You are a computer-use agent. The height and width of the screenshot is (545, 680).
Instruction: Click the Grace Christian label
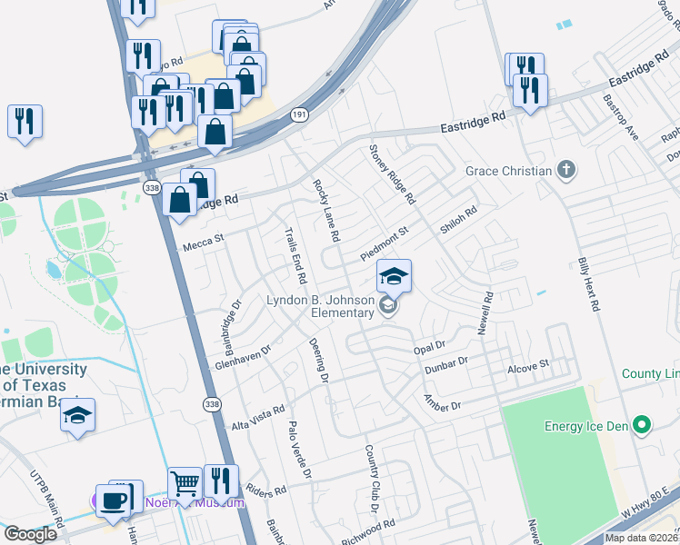508,171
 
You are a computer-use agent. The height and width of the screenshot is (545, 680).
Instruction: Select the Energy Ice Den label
586,426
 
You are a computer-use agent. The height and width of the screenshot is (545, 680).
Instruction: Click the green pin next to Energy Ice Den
642,425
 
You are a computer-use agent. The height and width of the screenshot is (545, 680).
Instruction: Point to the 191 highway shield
298,115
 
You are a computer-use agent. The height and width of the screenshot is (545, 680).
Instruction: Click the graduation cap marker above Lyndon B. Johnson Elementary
394,276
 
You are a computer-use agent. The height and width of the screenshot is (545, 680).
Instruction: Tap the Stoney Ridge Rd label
392,173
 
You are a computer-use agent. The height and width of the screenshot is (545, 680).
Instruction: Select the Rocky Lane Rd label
325,209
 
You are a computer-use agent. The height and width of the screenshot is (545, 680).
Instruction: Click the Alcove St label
528,364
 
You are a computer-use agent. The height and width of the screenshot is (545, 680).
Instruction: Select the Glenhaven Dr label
243,357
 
